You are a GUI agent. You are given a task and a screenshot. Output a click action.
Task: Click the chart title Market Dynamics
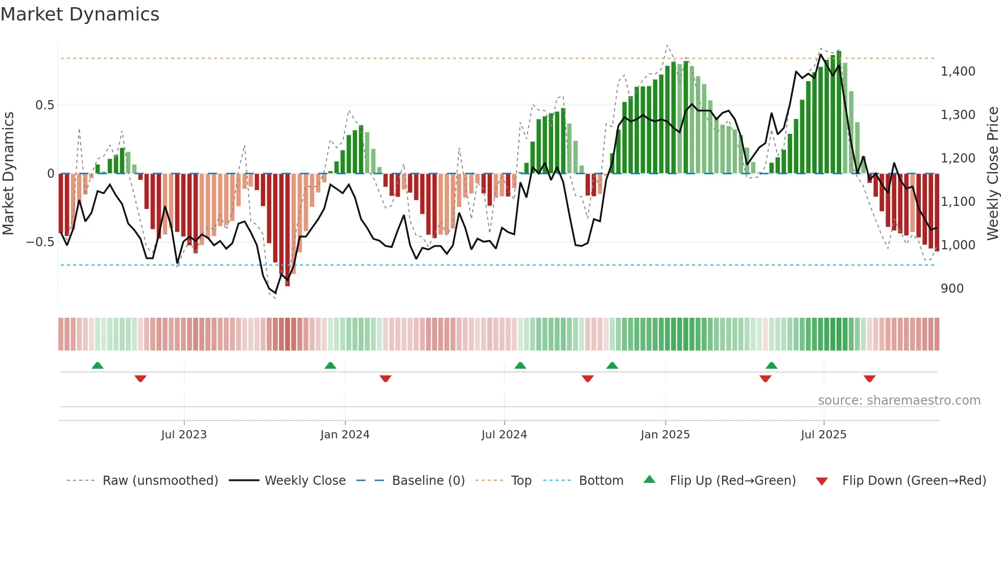click(x=80, y=14)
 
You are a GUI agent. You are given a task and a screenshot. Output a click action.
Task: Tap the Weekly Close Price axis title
click(x=992, y=173)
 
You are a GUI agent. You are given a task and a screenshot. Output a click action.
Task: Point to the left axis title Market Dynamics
click(x=8, y=173)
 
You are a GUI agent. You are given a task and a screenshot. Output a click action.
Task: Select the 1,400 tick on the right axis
click(x=958, y=72)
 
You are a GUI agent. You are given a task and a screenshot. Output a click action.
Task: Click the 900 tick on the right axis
click(x=952, y=289)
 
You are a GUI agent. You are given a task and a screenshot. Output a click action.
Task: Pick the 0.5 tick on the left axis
click(x=44, y=105)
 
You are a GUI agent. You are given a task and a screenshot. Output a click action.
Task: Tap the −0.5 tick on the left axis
click(x=40, y=242)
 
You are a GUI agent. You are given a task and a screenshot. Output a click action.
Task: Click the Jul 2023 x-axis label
click(x=184, y=435)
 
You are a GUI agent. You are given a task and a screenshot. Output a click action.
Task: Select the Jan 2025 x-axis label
click(x=665, y=435)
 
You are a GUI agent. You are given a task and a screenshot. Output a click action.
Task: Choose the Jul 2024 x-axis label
click(x=504, y=435)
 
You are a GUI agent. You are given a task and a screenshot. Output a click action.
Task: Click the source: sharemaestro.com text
click(x=899, y=401)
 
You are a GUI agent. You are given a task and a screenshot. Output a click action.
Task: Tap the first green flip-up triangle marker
click(x=98, y=365)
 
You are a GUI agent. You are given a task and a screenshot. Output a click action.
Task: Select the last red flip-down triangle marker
click(x=869, y=379)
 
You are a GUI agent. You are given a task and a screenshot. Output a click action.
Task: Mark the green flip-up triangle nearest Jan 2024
click(x=330, y=365)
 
